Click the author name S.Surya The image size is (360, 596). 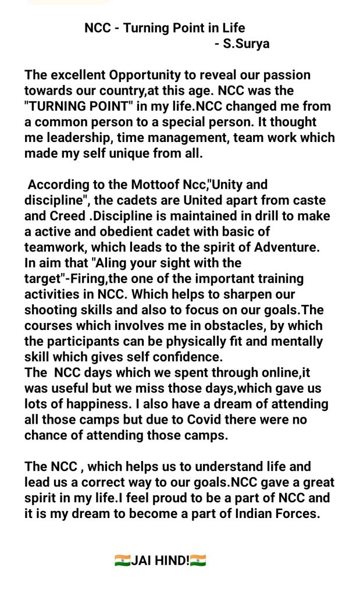tap(247, 44)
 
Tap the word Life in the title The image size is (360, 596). tap(233, 28)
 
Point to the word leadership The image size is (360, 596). tap(73, 138)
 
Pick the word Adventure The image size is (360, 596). tap(289, 248)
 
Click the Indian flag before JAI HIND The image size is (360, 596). tap(122, 561)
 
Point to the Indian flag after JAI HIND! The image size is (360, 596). tap(198, 561)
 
